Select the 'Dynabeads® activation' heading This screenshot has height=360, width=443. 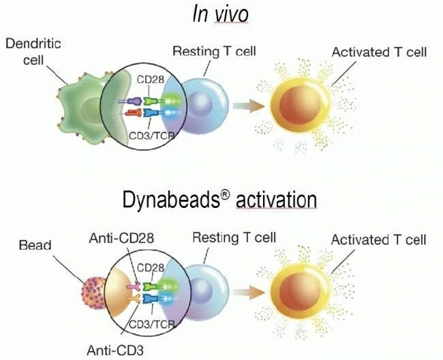(x=219, y=199)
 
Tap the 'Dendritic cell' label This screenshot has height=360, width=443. (x=33, y=52)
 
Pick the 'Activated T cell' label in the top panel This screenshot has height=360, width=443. (x=378, y=52)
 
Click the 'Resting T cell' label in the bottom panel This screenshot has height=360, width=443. (x=234, y=237)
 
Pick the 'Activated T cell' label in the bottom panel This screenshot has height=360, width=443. (x=378, y=240)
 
